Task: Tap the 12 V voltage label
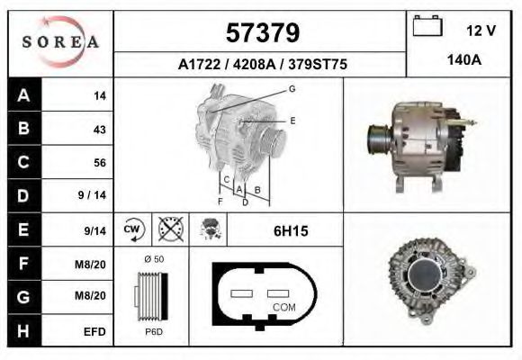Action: click(481, 31)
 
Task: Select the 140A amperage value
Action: click(464, 62)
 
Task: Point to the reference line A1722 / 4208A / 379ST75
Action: click(263, 65)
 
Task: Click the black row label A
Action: click(22, 95)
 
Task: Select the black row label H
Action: click(22, 331)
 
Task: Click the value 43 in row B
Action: click(99, 129)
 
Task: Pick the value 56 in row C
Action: click(99, 163)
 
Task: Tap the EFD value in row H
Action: click(95, 332)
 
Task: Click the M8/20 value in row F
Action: click(94, 265)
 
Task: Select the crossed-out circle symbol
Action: click(170, 230)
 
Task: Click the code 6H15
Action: click(291, 231)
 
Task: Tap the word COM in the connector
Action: click(283, 307)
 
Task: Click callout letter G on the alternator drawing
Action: click(292, 88)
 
